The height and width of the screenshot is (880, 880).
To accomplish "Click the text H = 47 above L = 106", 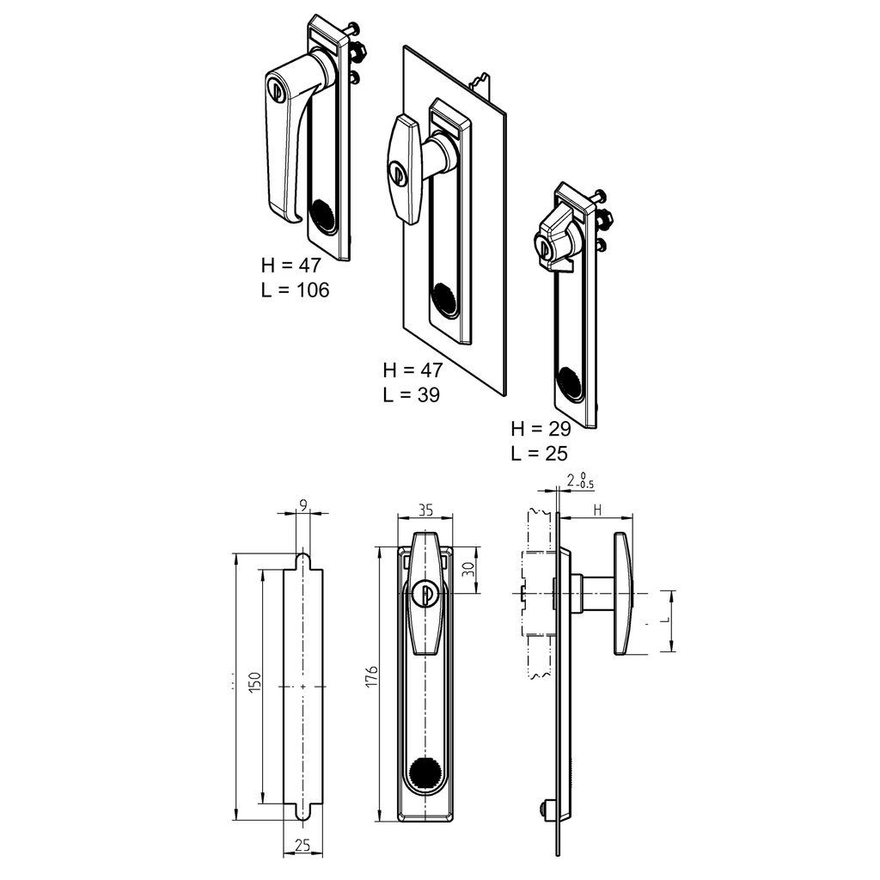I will click(291, 266).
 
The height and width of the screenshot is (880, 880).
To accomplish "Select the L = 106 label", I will click(295, 290).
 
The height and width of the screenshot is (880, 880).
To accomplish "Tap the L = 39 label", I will click(412, 395).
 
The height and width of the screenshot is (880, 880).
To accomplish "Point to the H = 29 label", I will click(541, 429).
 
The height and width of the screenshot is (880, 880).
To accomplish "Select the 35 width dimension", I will click(425, 510).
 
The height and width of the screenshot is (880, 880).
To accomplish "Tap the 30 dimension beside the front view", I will click(467, 569).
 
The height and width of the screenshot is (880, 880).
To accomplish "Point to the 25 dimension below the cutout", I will click(302, 846).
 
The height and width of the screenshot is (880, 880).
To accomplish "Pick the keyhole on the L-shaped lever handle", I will click(276, 89).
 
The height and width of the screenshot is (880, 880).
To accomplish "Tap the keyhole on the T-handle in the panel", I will click(396, 171).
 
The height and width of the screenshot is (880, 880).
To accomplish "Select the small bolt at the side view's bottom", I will click(544, 808).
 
